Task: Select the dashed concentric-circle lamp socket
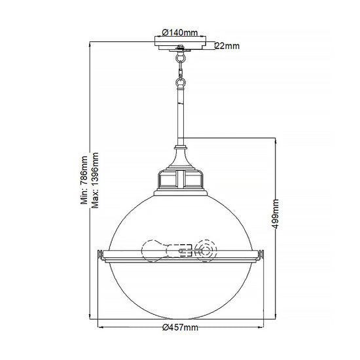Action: [x=206, y=251]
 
